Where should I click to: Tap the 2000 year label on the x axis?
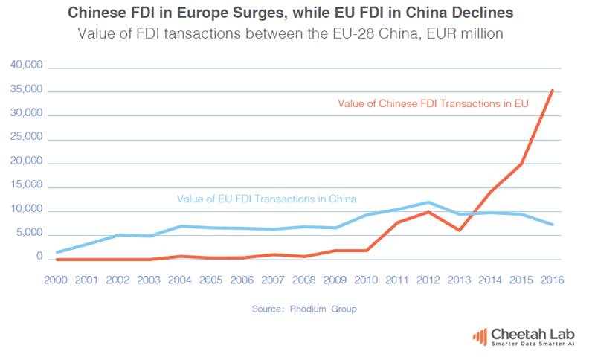coord(58,280)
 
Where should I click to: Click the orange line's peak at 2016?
coord(552,91)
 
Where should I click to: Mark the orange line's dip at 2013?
coord(459,230)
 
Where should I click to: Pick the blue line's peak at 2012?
coord(428,202)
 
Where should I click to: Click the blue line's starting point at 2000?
coord(58,252)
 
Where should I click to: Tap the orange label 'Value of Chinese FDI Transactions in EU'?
coord(433,103)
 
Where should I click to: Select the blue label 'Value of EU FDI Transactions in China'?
coord(266,199)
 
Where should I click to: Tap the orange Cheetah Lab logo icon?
coord(480,335)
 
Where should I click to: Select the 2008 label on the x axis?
coord(305,280)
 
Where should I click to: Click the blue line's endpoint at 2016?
coord(552,224)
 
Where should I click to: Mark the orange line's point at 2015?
coord(521,164)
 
